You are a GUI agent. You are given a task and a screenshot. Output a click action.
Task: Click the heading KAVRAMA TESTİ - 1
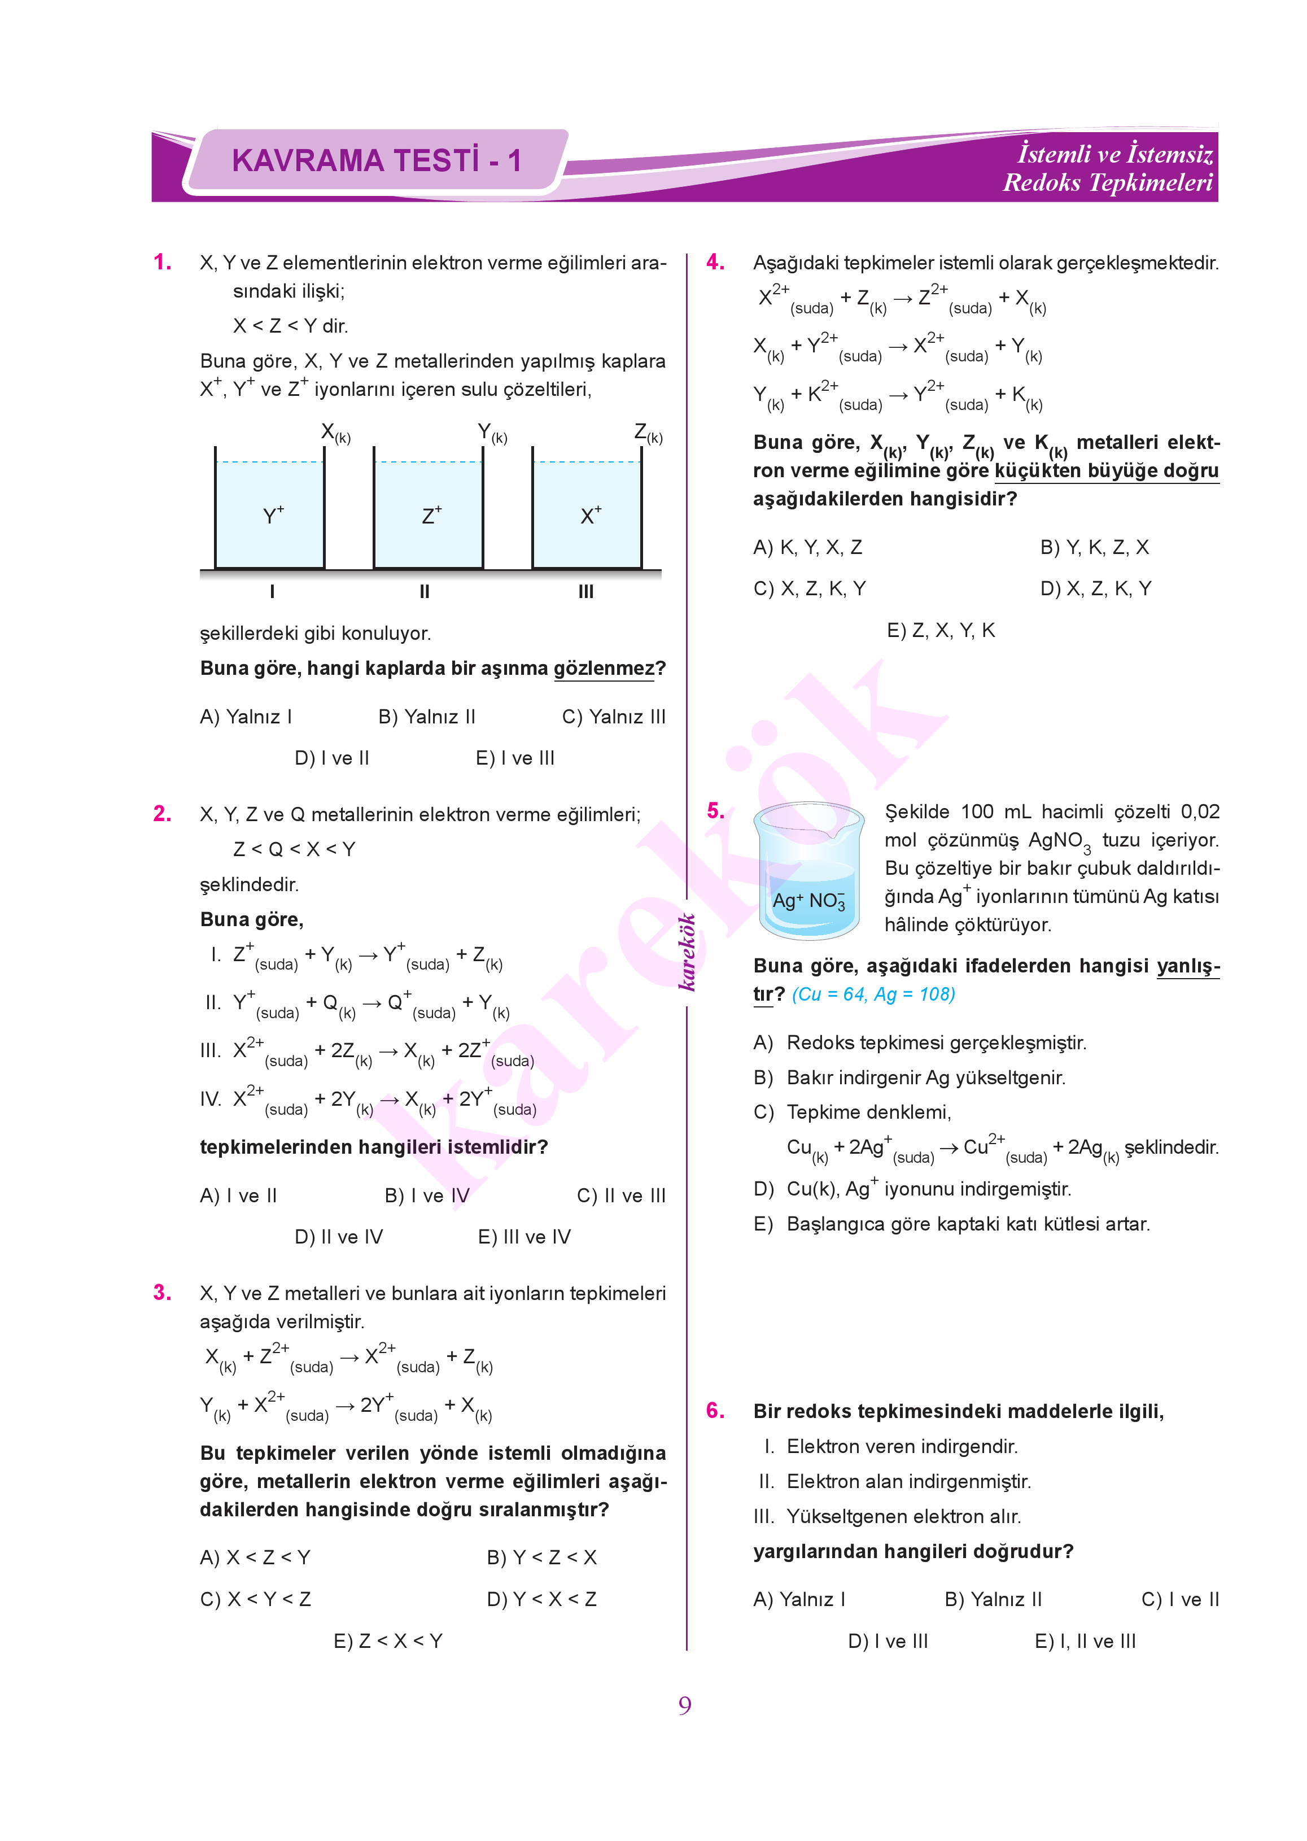(x=376, y=160)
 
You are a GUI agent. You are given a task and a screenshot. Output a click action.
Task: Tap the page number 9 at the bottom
(x=684, y=1704)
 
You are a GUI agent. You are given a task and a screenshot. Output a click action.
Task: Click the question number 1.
(x=162, y=263)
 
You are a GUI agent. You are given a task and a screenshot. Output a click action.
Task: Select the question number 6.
(x=715, y=1410)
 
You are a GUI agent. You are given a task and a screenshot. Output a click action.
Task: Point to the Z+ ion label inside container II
(x=431, y=515)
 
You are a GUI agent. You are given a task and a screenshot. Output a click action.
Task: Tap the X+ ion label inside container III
(x=590, y=515)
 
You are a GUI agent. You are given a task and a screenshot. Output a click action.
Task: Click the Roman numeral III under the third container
(x=586, y=592)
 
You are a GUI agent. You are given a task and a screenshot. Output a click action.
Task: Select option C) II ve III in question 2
(x=621, y=1196)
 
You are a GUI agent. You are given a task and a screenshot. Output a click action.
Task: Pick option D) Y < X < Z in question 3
(x=541, y=1599)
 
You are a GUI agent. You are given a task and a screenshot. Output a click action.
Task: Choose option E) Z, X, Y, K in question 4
(x=941, y=630)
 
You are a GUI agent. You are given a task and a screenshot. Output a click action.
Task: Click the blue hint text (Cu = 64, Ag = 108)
(x=873, y=994)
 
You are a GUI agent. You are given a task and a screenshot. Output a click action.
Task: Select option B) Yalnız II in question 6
(x=993, y=1599)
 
